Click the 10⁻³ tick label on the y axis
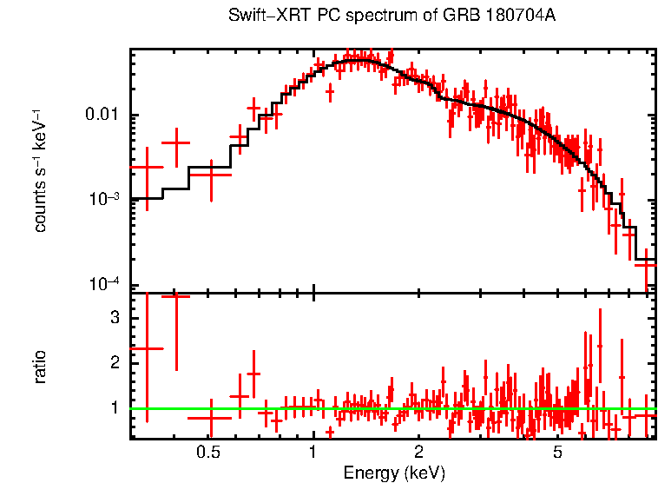[x=105, y=199]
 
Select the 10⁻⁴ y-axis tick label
[x=105, y=284]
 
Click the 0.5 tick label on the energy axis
[x=207, y=452]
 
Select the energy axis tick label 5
[x=557, y=452]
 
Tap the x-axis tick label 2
[x=418, y=452]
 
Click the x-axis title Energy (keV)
[x=393, y=473]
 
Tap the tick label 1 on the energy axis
[x=313, y=452]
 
